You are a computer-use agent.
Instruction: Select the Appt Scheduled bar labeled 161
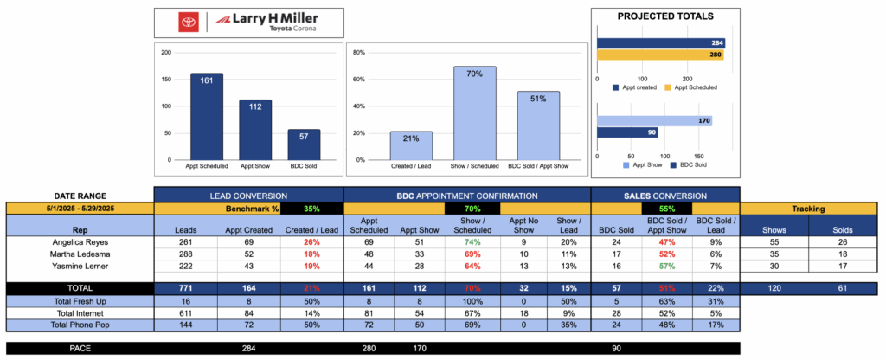point(206,117)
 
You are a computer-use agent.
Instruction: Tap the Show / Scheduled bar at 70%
point(474,112)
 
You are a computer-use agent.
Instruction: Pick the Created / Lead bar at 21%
point(411,145)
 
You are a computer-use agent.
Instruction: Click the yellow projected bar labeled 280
point(660,54)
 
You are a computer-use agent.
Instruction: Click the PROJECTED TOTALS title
point(665,16)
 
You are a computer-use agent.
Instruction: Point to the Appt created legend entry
point(639,87)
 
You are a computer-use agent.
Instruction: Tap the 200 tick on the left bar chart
point(165,52)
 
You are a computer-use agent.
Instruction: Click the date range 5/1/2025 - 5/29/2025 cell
point(79,209)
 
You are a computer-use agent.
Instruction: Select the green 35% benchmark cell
point(311,209)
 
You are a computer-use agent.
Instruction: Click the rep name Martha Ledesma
point(79,255)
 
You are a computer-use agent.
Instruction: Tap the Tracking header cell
point(808,209)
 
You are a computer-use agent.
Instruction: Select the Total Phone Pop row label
point(79,325)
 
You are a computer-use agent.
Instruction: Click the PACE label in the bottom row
point(79,349)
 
